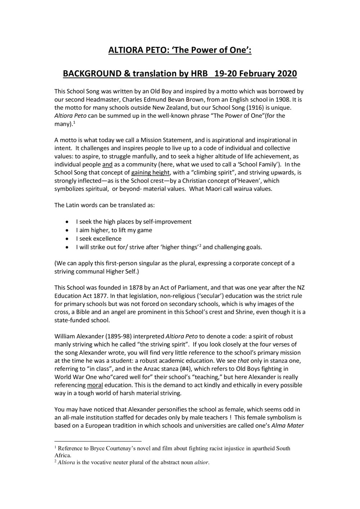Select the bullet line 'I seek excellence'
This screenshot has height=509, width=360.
click(98, 239)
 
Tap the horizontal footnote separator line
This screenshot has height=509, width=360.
click(98, 441)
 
